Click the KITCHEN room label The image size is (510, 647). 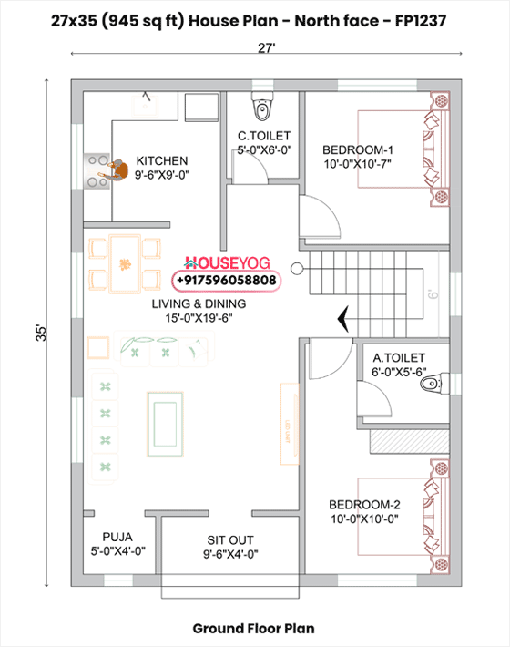pyautogui.click(x=162, y=160)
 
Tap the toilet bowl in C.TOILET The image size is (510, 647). pyautogui.click(x=264, y=110)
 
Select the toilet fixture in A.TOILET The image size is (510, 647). pyautogui.click(x=430, y=385)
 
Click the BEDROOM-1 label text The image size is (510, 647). pyautogui.click(x=357, y=150)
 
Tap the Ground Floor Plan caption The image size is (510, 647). pyautogui.click(x=254, y=628)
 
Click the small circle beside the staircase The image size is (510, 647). pyautogui.click(x=297, y=267)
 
